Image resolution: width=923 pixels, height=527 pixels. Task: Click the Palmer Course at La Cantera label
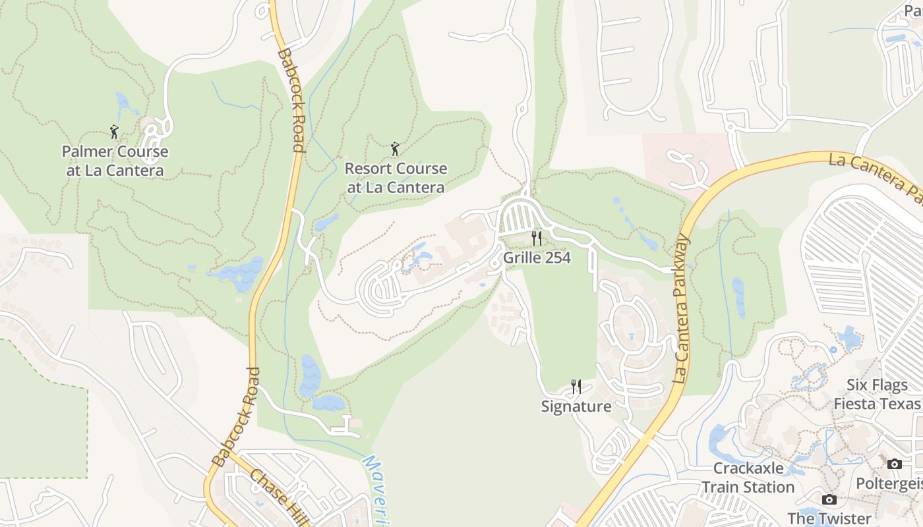(115, 161)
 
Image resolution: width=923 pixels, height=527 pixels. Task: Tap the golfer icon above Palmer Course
(114, 132)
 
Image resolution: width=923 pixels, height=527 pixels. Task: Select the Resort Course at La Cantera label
(396, 178)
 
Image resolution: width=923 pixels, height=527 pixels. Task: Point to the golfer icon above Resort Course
(395, 149)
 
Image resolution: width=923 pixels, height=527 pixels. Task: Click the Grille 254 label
(537, 258)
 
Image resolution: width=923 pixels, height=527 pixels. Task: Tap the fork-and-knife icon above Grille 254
(537, 238)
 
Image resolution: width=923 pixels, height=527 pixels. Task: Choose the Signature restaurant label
(576, 406)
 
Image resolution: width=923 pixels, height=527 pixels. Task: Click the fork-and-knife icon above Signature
(576, 387)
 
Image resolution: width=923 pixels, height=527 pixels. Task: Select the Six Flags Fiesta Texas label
(877, 394)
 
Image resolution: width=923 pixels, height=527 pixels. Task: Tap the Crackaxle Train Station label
(748, 478)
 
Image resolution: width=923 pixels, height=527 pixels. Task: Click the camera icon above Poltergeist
(895, 464)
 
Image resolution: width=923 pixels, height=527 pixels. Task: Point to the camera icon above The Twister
(829, 499)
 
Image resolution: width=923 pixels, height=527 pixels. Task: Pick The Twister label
(829, 518)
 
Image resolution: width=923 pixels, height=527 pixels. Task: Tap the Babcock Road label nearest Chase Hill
(234, 417)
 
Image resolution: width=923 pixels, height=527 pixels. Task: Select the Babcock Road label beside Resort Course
(291, 99)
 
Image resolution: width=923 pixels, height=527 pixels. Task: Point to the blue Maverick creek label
(374, 491)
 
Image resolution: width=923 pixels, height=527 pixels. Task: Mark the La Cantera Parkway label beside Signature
(682, 310)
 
